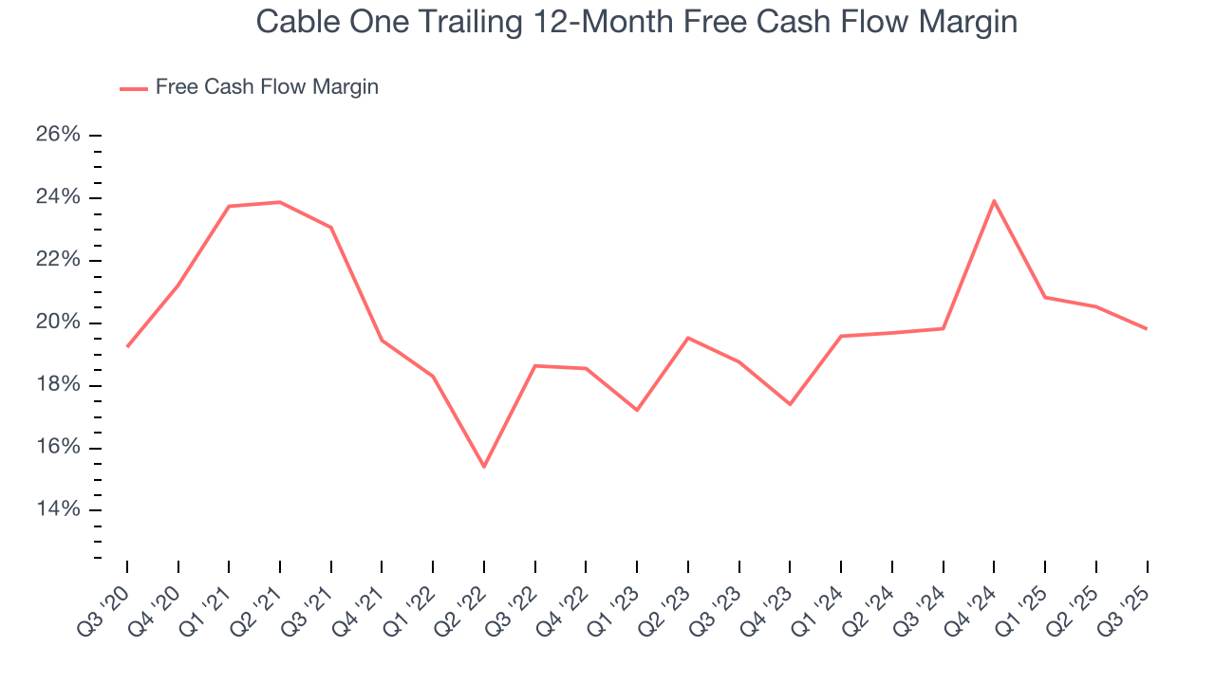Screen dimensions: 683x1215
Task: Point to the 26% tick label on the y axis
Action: [x=58, y=135]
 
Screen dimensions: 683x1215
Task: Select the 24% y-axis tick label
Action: [x=58, y=197]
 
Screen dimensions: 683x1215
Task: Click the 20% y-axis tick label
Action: [x=58, y=323]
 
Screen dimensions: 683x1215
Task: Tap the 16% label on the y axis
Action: [x=58, y=448]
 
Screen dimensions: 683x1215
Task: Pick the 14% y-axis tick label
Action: [x=58, y=510]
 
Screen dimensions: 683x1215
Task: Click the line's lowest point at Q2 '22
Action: [x=484, y=467]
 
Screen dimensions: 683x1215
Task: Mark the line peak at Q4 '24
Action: [x=994, y=200]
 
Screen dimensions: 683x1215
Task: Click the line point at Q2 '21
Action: [x=280, y=202]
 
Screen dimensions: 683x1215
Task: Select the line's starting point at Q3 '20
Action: [x=127, y=346]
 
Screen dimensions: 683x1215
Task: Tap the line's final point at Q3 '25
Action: [x=1147, y=329]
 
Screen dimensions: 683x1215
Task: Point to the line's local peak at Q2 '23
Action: [x=688, y=338]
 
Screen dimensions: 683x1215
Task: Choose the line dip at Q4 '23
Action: [x=790, y=404]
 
